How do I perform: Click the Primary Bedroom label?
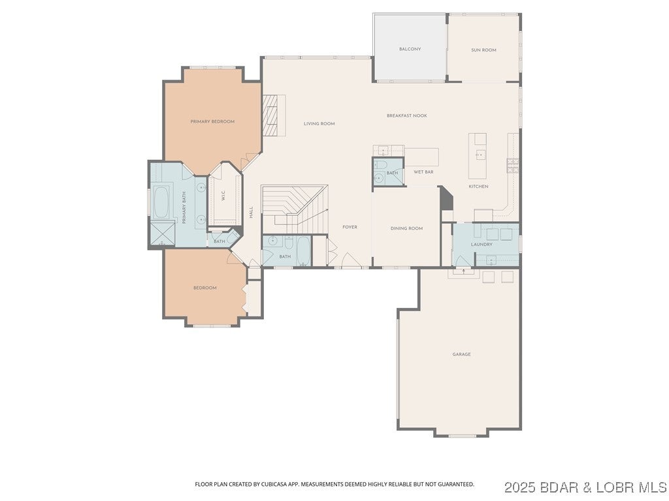212,121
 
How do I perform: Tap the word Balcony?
410,50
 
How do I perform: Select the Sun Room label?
483,50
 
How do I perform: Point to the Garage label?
461,354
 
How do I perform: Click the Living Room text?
319,123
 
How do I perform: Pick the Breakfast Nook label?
406,115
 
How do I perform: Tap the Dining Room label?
406,228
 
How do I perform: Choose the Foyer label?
350,227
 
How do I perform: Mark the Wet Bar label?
423,172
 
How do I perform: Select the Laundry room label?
481,244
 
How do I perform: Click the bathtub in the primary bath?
161,202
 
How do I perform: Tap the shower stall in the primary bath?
162,234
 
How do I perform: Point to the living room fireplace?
274,115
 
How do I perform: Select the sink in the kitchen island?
480,155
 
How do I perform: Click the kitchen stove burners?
513,166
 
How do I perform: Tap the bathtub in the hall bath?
302,250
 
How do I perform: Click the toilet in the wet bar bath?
380,164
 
